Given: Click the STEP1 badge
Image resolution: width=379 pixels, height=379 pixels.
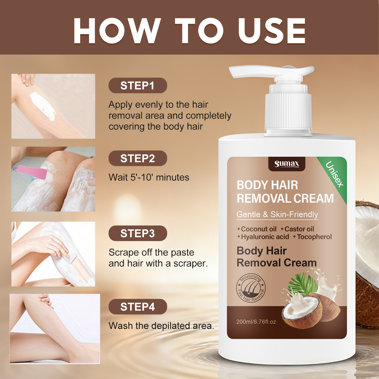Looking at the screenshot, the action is pyautogui.click(x=138, y=85).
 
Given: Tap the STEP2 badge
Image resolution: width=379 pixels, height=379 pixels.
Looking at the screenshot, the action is pyautogui.click(x=138, y=158).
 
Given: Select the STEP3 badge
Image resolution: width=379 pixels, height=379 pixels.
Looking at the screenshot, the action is pyautogui.click(x=138, y=233).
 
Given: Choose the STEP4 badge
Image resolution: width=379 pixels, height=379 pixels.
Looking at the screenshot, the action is pyautogui.click(x=138, y=307).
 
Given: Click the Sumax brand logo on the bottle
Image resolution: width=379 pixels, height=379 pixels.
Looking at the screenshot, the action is pyautogui.click(x=287, y=164).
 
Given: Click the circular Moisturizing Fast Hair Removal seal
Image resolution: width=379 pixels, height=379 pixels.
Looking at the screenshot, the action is pyautogui.click(x=251, y=288).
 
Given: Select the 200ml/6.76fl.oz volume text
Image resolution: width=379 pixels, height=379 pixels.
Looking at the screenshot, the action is pyautogui.click(x=256, y=322).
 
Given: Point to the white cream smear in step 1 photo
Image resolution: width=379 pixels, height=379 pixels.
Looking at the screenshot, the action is pyautogui.click(x=42, y=106).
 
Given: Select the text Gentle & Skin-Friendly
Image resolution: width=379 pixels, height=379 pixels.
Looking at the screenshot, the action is pyautogui.click(x=277, y=214).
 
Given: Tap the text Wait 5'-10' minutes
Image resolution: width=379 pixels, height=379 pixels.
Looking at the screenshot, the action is pyautogui.click(x=149, y=177).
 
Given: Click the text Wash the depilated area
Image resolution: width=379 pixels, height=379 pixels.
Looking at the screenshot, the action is pyautogui.click(x=161, y=326).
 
